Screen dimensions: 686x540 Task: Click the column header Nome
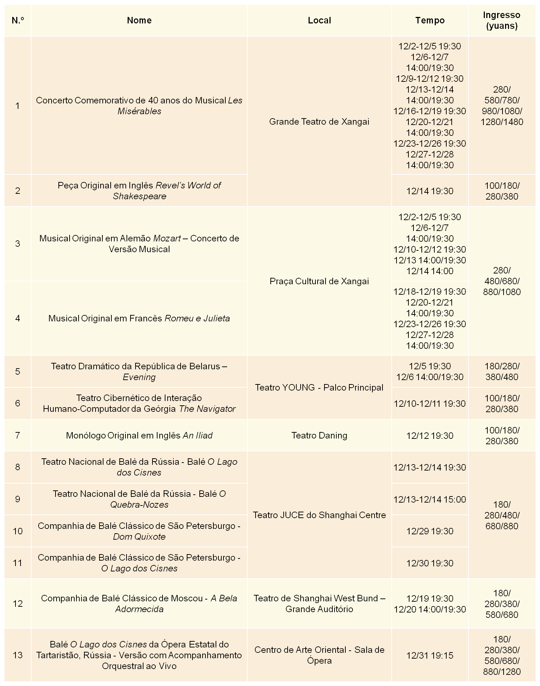tap(139, 21)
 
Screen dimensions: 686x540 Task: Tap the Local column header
tap(319, 21)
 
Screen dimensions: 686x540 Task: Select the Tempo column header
tap(430, 21)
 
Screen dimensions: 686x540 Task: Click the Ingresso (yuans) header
tap(501, 21)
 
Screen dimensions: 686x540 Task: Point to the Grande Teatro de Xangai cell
tap(319, 122)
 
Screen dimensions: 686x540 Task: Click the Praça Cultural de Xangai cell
tap(319, 281)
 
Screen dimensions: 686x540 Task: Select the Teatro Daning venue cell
tap(319, 436)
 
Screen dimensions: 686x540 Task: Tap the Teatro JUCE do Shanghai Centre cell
tap(319, 515)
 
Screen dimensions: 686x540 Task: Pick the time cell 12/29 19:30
tap(430, 531)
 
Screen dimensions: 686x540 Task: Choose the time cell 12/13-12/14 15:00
tap(430, 499)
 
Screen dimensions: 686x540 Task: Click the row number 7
tap(18, 436)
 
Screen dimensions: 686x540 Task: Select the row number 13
tap(18, 655)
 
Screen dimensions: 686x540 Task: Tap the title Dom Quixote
tap(139, 537)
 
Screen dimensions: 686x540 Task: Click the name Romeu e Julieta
tap(197, 318)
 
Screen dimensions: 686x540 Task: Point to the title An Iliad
tap(198, 436)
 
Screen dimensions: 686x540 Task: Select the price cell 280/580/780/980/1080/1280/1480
tap(501, 106)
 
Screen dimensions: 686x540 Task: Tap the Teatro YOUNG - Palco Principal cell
tap(319, 388)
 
